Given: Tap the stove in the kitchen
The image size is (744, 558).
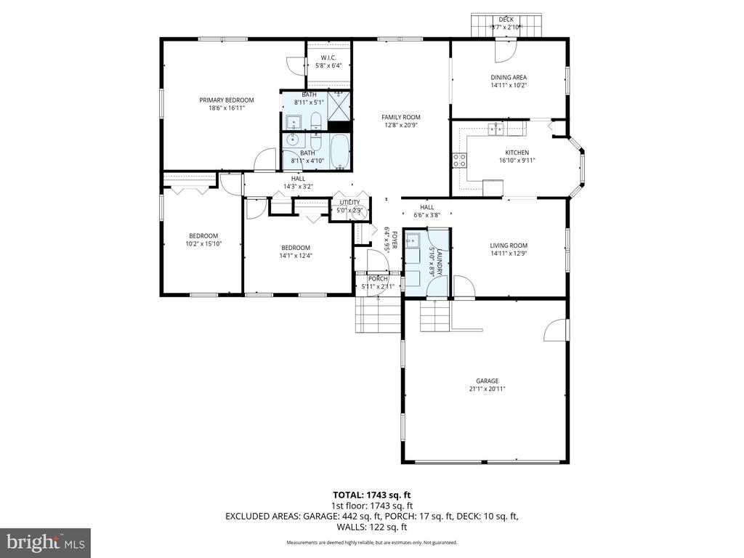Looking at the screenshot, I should [459, 160].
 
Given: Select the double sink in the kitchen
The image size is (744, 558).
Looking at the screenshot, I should [497, 129].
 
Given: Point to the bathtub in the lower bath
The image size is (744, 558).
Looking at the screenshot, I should [339, 152].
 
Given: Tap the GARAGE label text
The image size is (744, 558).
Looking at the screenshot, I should [487, 381].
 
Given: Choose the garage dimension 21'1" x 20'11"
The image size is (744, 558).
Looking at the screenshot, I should [487, 389].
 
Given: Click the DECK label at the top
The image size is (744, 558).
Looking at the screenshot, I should [506, 19].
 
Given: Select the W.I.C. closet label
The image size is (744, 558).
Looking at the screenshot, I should [328, 57].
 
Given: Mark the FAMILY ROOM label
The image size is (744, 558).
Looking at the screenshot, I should [401, 117].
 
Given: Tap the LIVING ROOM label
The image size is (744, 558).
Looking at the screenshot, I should [508, 246].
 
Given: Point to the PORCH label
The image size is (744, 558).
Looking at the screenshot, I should [377, 278].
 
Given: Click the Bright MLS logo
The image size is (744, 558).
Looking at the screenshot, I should [45, 542].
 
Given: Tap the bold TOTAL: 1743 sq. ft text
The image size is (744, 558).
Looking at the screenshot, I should [371, 495].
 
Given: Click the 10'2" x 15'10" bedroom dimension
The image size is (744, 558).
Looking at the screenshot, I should [203, 244].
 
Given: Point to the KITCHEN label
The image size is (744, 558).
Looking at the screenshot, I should [517, 153].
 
